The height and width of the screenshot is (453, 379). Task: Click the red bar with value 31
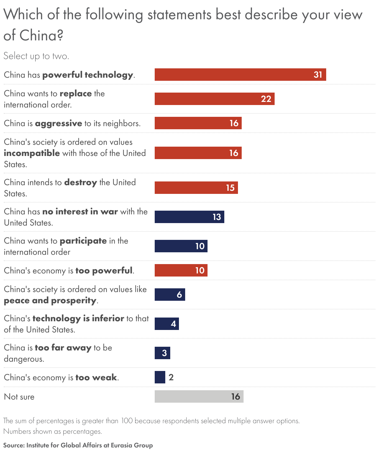point(240,75)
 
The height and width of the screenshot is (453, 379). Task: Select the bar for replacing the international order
point(214,99)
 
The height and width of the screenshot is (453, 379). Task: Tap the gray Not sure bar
point(199,396)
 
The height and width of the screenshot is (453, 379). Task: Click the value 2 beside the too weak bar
point(171,377)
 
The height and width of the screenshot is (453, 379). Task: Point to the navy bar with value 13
point(189,217)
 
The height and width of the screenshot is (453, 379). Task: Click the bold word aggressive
point(58,123)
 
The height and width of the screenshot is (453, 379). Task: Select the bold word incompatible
point(32,153)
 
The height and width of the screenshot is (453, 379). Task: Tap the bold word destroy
point(80,182)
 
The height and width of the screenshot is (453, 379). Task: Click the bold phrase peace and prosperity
point(50,300)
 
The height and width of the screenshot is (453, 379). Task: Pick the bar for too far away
point(162,353)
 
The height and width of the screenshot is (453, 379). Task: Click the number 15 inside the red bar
point(230,188)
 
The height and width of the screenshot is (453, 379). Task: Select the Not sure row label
point(19,397)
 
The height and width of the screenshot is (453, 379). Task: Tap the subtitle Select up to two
point(36,56)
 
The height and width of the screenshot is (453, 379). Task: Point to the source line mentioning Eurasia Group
point(78,445)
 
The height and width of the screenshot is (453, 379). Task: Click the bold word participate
point(83,241)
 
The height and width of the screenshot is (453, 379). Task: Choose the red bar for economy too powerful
point(181,270)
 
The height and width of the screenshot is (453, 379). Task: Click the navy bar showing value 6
point(170,295)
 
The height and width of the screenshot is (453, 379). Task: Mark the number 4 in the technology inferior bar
point(173,324)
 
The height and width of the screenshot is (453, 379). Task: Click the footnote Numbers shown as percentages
point(53,431)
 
